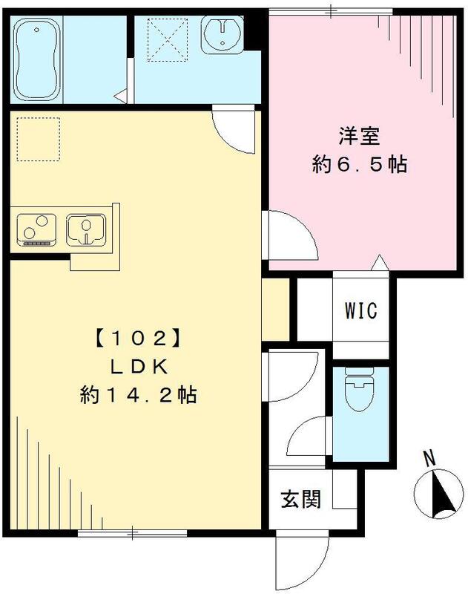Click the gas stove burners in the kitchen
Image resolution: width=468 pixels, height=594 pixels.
36,229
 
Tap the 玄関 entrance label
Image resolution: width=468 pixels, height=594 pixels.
301,500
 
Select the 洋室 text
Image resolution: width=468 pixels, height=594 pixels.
359,138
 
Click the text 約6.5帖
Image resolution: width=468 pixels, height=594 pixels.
360,165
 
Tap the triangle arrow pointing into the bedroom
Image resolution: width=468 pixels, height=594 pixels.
378,262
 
